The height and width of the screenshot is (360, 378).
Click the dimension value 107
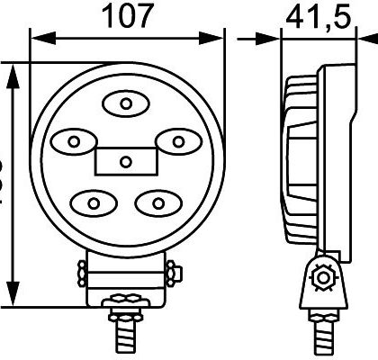tap(125, 15)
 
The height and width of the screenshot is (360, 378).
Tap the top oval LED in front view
tap(126, 104)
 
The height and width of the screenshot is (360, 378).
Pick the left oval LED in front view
tap(75, 139)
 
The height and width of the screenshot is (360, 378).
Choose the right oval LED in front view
tap(177, 139)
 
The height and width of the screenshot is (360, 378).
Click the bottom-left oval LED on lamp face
tap(94, 201)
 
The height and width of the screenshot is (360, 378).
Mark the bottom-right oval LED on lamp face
tap(158, 201)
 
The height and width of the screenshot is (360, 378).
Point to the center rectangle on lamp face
tap(126, 161)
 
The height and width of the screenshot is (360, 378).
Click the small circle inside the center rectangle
tap(126, 162)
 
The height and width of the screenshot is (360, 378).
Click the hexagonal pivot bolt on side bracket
tap(318, 278)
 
